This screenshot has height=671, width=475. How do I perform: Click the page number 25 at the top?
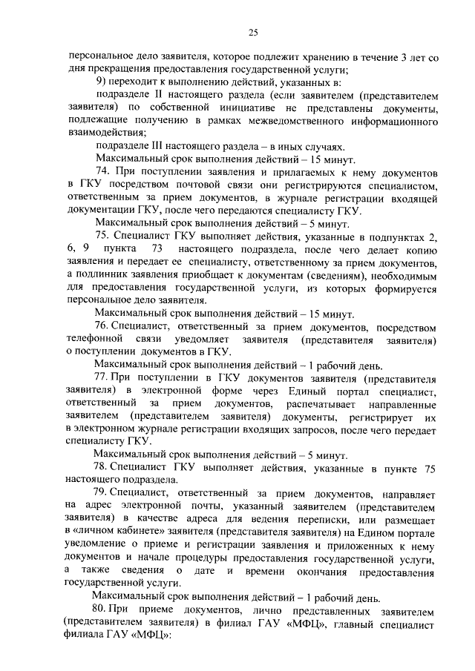point(252,32)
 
